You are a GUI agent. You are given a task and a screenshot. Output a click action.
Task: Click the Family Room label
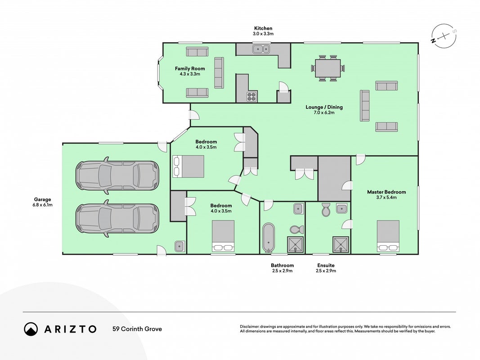click(x=190, y=68)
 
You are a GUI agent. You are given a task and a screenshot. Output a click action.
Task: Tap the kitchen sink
click(x=261, y=49)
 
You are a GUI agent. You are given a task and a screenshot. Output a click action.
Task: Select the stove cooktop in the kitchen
click(x=251, y=96)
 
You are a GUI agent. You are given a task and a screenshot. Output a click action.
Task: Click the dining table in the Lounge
click(x=327, y=68)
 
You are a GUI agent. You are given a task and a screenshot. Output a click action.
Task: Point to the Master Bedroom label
click(x=386, y=192)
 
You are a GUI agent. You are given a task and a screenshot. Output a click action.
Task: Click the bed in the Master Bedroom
click(x=388, y=236)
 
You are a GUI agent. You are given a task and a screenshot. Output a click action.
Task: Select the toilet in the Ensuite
click(x=326, y=210)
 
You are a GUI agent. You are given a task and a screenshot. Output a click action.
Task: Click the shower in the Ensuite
click(x=341, y=244)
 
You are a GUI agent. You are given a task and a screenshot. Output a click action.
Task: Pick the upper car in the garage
click(x=117, y=175)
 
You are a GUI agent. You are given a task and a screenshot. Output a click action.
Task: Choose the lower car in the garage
click(x=117, y=218)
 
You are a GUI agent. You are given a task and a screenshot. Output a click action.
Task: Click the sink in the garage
click(x=179, y=246)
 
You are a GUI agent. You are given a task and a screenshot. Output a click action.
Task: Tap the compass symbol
click(x=444, y=36)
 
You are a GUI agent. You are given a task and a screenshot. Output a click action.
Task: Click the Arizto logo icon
click(x=31, y=329)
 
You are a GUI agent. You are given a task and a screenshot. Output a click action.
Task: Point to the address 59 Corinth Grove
click(x=137, y=329)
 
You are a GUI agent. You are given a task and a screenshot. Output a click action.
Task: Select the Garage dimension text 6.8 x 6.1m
click(x=43, y=205)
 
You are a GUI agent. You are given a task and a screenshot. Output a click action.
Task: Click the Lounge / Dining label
click(x=324, y=107)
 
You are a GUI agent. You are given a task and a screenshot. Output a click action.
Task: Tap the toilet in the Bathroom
click(x=296, y=229)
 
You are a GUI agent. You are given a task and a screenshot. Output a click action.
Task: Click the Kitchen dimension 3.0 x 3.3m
click(x=263, y=34)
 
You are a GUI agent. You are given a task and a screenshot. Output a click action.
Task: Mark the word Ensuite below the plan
click(x=326, y=265)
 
